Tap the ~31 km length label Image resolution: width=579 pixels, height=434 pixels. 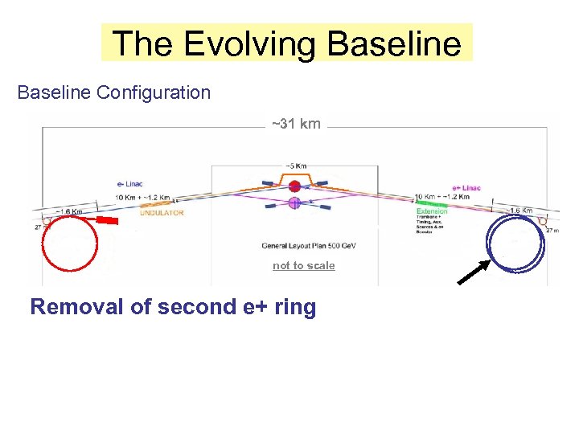click(296, 124)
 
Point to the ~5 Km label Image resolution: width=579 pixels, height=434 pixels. click(294, 166)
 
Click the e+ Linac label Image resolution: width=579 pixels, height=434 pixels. click(466, 188)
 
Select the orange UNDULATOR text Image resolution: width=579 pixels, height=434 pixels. click(162, 213)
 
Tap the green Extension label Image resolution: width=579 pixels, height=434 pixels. click(432, 211)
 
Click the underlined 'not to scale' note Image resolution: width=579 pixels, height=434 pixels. click(303, 266)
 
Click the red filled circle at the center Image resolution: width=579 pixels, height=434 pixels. click(294, 186)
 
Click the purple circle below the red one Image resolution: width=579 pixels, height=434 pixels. click(294, 204)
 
